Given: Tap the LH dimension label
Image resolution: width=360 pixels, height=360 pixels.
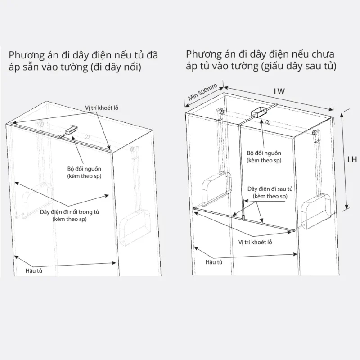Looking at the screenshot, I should [x=352, y=159].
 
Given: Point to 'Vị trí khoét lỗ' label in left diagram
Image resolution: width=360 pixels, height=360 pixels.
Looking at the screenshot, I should [x=102, y=108].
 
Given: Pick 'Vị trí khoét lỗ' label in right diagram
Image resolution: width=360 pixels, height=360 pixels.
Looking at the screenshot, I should [x=255, y=242].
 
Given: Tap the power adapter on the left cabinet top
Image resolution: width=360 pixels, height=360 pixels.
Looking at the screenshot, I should [x=71, y=130].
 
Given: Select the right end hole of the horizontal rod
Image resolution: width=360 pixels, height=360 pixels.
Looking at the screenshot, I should [x=293, y=230].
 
